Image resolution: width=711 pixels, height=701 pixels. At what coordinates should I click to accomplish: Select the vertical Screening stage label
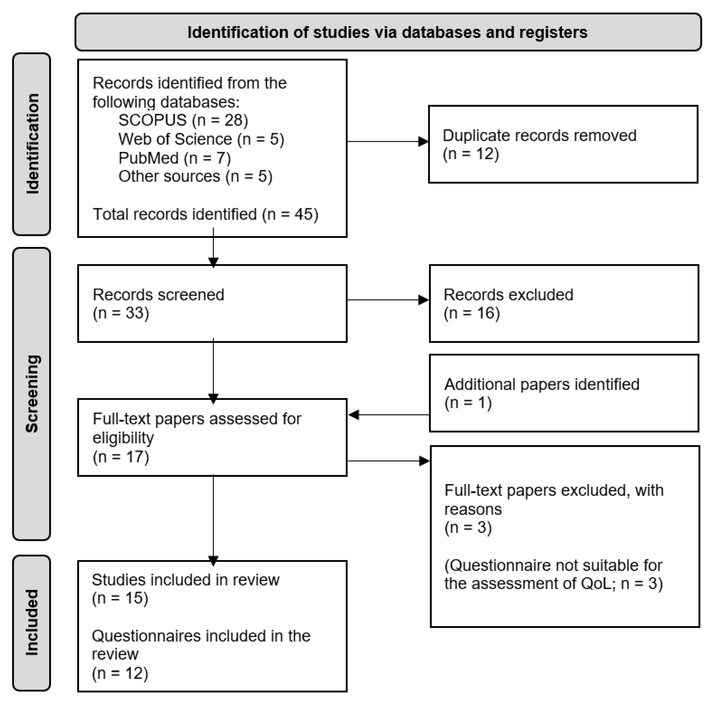pos(32,394)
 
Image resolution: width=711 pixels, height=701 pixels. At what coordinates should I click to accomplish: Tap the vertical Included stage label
pos(32,623)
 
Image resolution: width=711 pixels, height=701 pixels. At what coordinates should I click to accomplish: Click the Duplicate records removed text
pos(539,135)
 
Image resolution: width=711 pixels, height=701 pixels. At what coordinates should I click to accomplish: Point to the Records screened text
pos(159,295)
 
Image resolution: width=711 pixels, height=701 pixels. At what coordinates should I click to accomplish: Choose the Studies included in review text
pos(186,580)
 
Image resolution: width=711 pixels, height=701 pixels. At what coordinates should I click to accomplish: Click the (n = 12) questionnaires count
pos(120,673)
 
